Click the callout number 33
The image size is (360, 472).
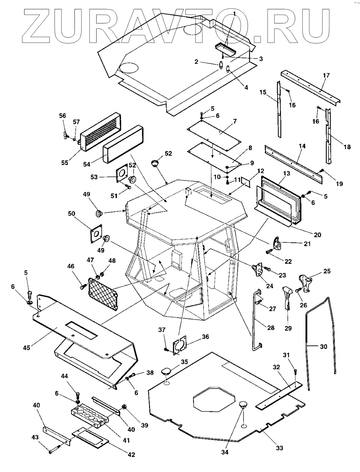tap(279, 448)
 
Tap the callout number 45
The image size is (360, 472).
tap(27, 348)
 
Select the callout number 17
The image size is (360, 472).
tap(326, 76)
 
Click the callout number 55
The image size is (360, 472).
tap(64, 163)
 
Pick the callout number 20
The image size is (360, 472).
tap(318, 234)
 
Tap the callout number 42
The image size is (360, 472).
tap(131, 454)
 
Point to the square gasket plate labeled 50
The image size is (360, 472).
tap(96, 234)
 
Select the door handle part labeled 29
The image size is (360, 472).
tap(287, 297)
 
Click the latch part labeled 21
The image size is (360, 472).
tap(278, 243)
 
